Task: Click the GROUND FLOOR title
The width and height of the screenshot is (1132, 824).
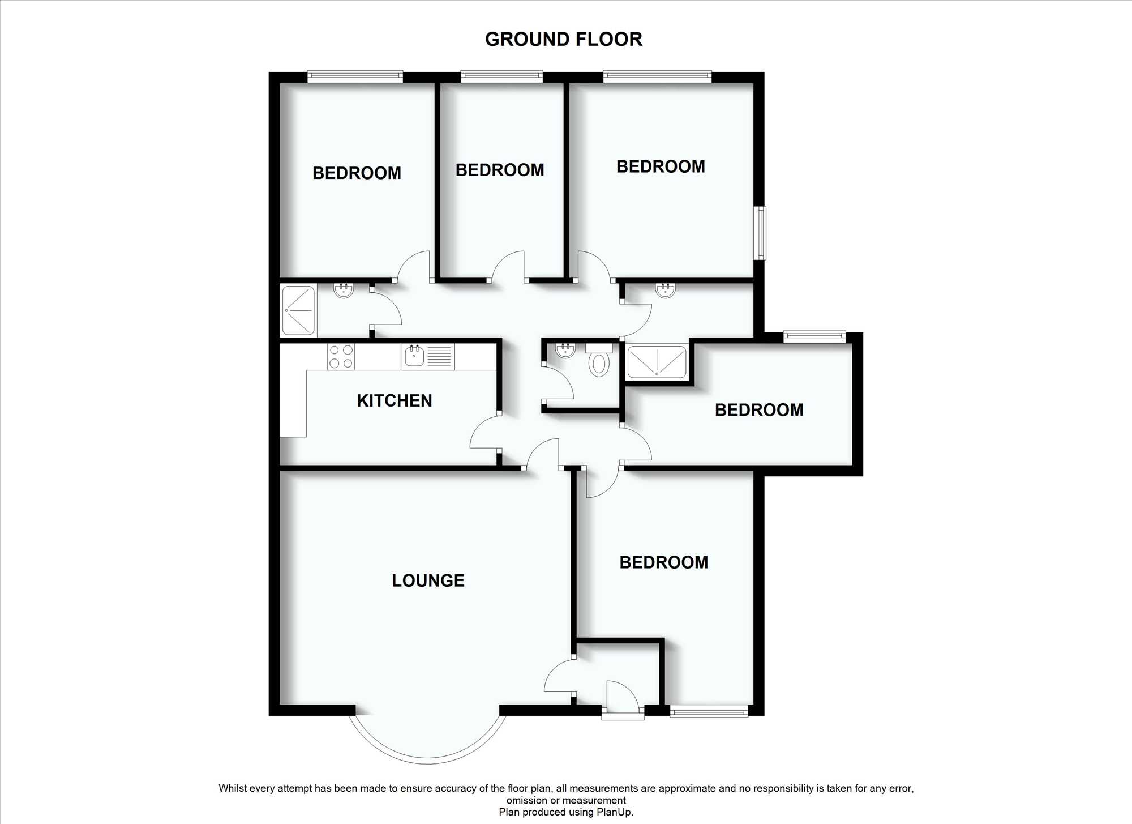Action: pos(564,39)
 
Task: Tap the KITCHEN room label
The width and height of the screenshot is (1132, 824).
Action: pos(395,401)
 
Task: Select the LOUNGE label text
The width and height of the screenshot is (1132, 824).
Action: pos(428,580)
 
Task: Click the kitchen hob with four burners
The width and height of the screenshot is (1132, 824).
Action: pos(341,357)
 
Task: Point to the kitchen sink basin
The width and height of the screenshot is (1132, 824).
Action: pos(415,356)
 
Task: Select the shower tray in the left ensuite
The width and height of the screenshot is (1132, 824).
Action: pos(298,310)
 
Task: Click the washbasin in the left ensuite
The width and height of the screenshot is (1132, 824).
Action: pos(344,291)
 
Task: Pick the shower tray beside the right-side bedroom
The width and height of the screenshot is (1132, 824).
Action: pos(657,362)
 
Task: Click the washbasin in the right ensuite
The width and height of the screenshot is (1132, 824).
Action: pos(666,291)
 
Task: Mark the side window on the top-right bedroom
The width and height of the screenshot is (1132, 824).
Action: pos(761,233)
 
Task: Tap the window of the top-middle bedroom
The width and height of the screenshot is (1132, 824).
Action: pos(502,76)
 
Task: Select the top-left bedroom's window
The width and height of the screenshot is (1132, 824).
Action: pos(355,76)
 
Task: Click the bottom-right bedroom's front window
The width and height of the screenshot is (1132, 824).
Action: pos(709,711)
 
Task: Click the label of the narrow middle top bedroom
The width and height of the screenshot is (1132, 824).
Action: pos(500,170)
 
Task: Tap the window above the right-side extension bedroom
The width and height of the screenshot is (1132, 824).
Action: pos(814,337)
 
